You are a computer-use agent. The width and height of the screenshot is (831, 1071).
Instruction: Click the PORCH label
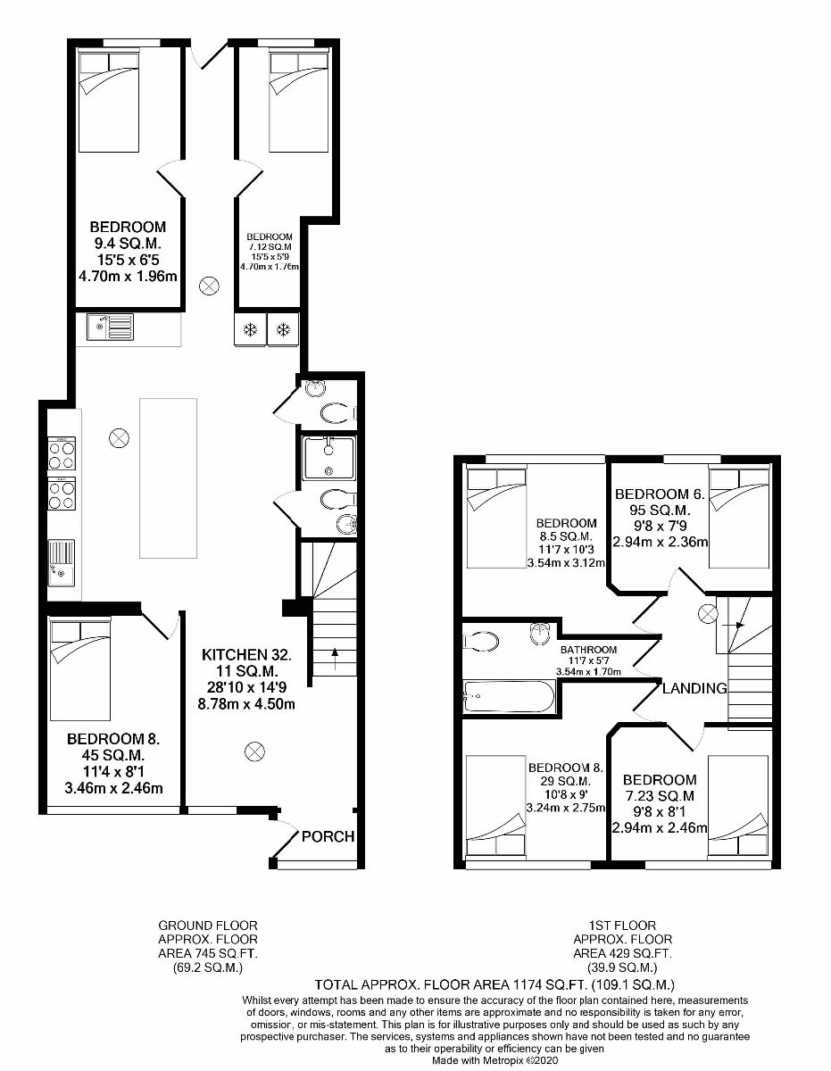point(328,837)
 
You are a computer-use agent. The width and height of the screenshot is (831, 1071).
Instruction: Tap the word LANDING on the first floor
point(694,688)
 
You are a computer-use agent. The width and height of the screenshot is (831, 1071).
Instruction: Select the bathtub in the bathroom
point(509,695)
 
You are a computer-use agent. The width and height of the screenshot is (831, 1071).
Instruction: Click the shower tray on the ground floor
point(328,458)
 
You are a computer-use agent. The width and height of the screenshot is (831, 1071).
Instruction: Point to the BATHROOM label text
point(588,650)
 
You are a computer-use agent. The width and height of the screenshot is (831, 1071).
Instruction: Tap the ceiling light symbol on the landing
point(707,613)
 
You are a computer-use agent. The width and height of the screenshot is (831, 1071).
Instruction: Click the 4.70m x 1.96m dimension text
point(128,276)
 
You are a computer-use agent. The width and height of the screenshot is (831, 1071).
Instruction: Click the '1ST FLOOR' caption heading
point(623,926)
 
